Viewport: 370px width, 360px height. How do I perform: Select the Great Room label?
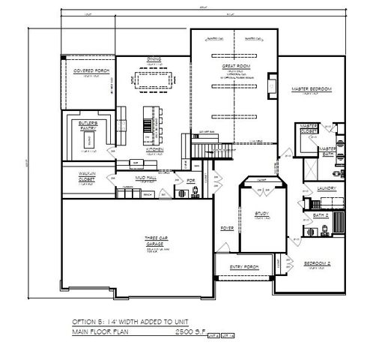coord(234,66)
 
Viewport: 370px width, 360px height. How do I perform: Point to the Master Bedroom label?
coord(311,90)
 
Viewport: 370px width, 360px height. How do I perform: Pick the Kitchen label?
coord(154,148)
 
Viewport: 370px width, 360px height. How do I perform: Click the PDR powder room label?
coord(190,181)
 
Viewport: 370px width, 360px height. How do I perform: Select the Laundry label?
coord(325,189)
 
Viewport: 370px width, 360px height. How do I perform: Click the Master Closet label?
coord(309,127)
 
